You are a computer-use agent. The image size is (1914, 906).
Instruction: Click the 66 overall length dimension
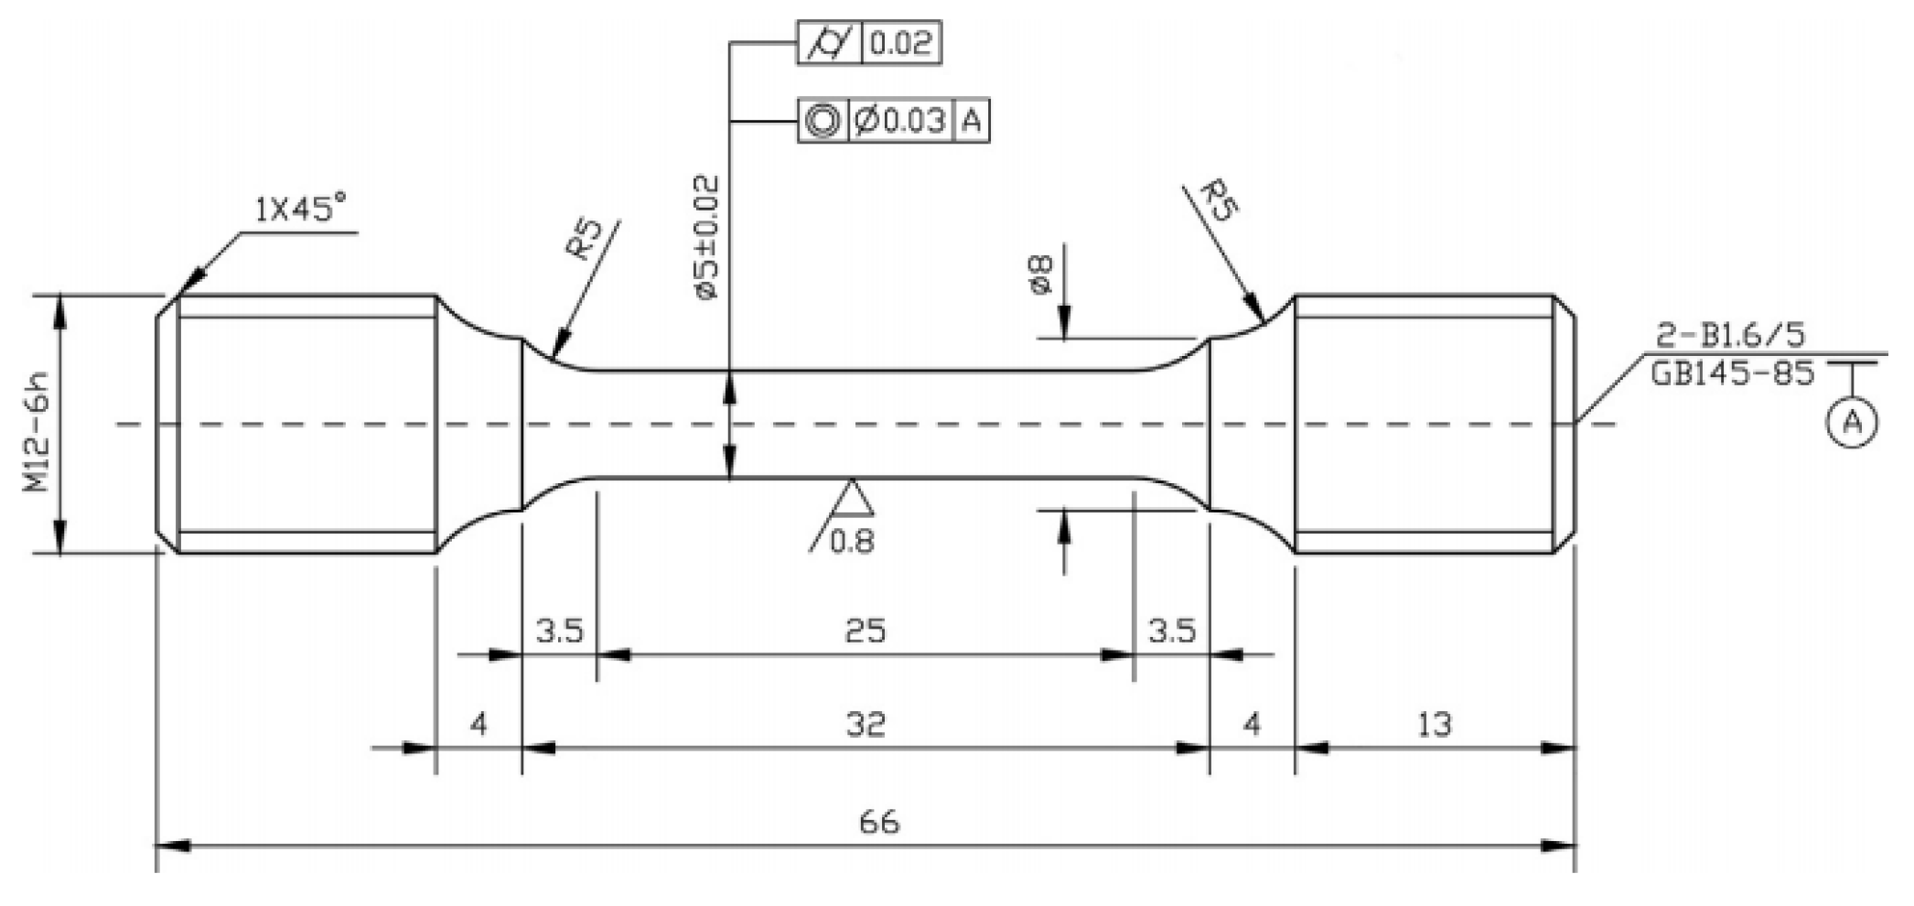coord(878,822)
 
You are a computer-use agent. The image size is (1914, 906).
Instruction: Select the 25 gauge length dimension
coord(865,631)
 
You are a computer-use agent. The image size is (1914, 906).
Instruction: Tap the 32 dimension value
coord(866,725)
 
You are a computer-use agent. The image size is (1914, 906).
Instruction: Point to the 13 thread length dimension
coord(1434,725)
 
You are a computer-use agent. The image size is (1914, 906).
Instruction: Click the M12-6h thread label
coord(38,424)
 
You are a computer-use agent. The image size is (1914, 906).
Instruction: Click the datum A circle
coord(1852,423)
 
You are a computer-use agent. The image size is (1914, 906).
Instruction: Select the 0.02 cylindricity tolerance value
coord(900,43)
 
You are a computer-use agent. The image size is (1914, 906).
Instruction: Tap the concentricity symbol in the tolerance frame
coord(823,120)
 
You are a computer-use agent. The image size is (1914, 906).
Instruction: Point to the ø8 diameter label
coord(1041,275)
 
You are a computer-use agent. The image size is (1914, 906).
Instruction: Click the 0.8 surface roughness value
coord(852,542)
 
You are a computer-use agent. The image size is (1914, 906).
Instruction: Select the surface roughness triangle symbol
coord(851,498)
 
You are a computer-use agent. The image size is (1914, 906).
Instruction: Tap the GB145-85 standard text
coord(1732,373)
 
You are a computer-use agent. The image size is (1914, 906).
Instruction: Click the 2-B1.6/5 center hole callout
coord(1730,336)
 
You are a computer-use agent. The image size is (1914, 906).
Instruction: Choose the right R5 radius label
coord(1219,200)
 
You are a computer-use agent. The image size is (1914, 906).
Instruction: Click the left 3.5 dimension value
coord(559,631)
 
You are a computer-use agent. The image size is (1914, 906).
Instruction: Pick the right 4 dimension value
coord(1252,725)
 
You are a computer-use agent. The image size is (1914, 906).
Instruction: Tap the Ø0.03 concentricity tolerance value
coord(901,120)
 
